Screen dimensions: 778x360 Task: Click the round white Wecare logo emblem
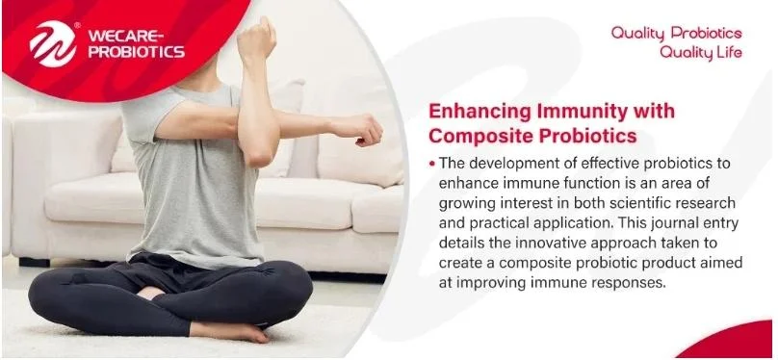[53, 43]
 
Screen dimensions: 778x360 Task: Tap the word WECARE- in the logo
[125, 37]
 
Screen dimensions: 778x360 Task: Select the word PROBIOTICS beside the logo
[137, 52]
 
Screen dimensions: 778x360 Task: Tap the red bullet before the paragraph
[432, 163]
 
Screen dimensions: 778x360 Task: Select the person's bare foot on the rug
[232, 331]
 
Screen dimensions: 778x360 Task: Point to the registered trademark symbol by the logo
[77, 25]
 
